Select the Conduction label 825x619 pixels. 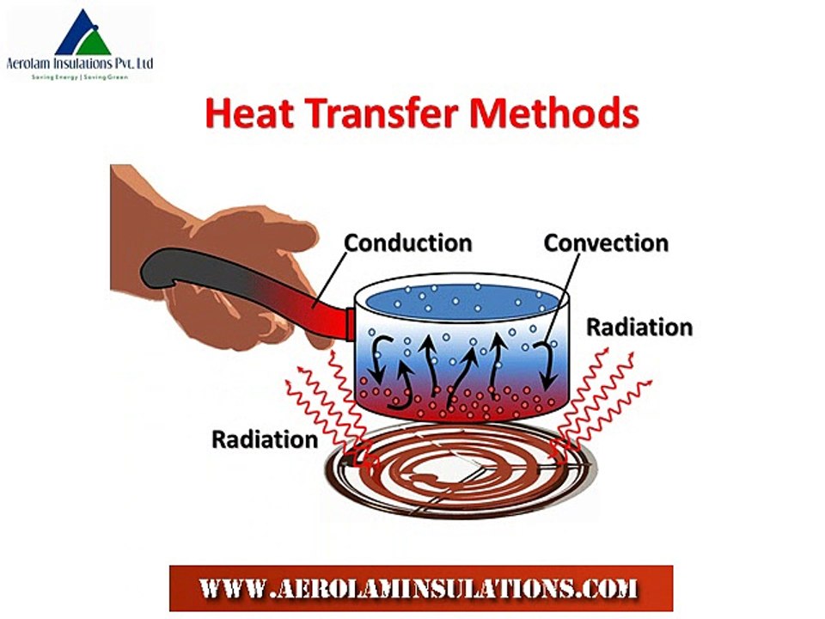tap(408, 243)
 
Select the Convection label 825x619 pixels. tap(606, 243)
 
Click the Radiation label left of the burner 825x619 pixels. tap(265, 439)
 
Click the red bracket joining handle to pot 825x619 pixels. tap(349, 322)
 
